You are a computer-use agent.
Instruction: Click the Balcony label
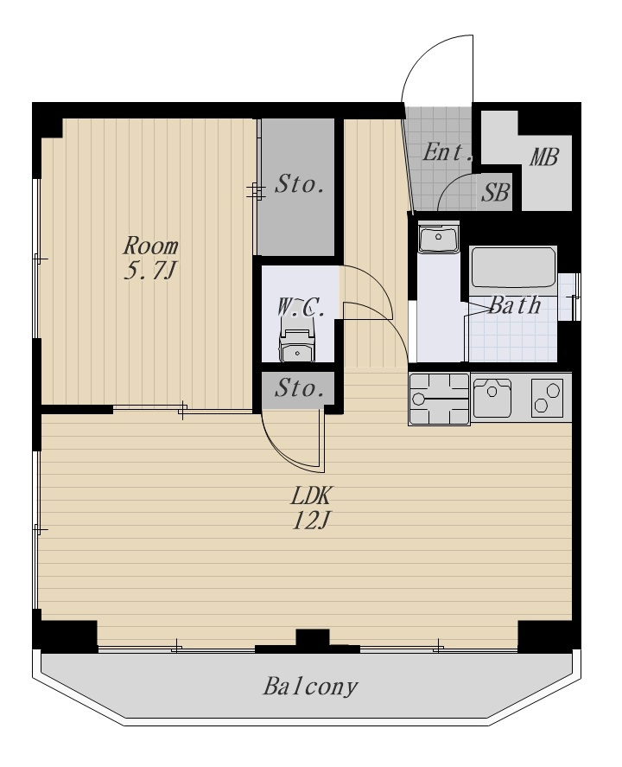coord(310,687)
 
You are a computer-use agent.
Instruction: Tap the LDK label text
coord(311,497)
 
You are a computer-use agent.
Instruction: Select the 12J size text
coord(312,521)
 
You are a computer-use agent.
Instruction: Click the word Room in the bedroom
coord(150,246)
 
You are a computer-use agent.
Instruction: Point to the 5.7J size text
coord(149,271)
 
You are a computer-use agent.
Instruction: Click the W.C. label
coord(301,308)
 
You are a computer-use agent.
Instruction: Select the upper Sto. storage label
coord(300,184)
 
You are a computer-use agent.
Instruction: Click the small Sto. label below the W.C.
coord(300,389)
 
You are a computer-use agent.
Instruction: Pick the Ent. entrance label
coord(447,152)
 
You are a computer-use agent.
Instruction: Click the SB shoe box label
coord(496,192)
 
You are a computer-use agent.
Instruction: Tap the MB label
coord(544,157)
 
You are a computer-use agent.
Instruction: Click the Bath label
coord(515,305)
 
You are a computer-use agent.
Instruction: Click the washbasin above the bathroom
coord(438,237)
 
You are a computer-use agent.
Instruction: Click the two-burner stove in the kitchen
coord(546,398)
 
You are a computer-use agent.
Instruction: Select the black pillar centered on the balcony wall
coord(313,639)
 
